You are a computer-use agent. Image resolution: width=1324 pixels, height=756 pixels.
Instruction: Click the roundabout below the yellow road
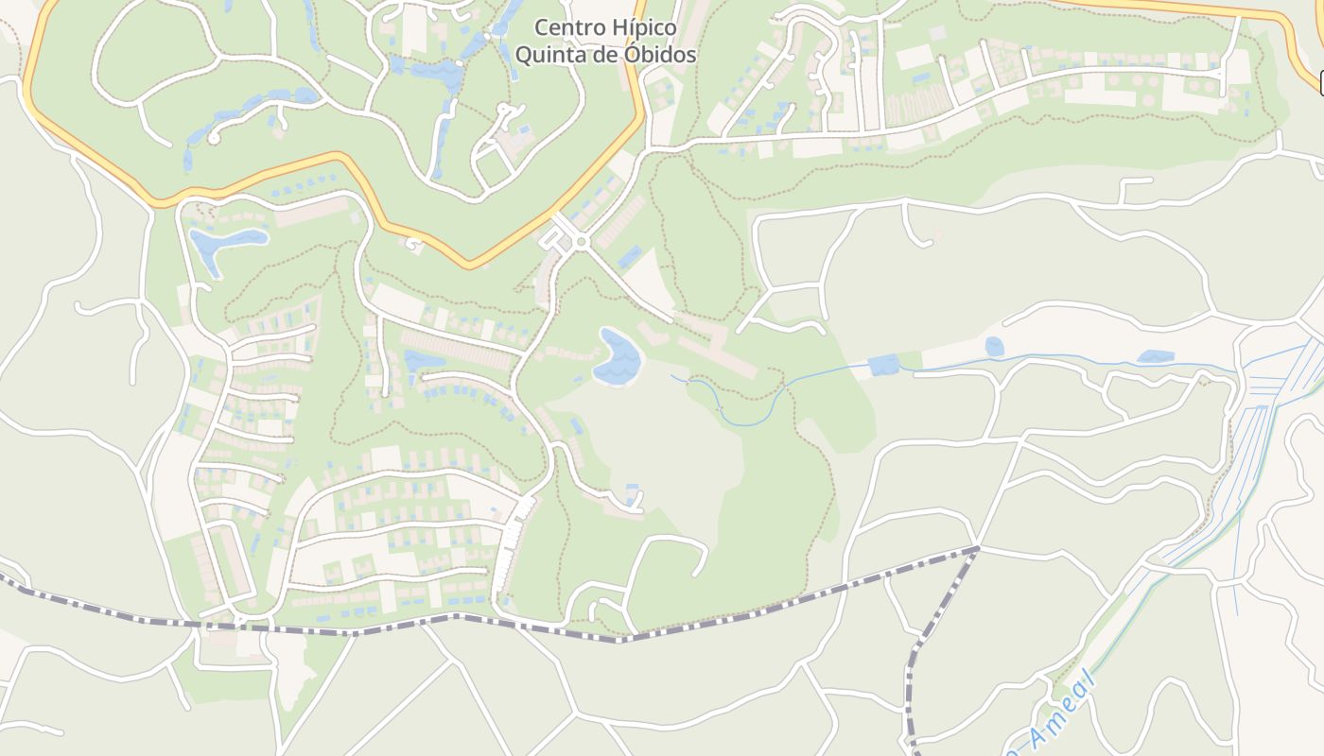[581, 243]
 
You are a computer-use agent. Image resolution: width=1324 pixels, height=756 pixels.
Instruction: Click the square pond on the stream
[883, 365]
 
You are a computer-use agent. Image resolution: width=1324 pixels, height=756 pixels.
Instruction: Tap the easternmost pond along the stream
[1156, 357]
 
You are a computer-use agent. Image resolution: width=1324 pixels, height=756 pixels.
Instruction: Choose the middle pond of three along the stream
[994, 347]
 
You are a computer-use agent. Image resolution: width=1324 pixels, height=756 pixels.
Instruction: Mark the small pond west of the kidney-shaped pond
[424, 361]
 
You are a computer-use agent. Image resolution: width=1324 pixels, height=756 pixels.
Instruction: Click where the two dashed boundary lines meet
[978, 548]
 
